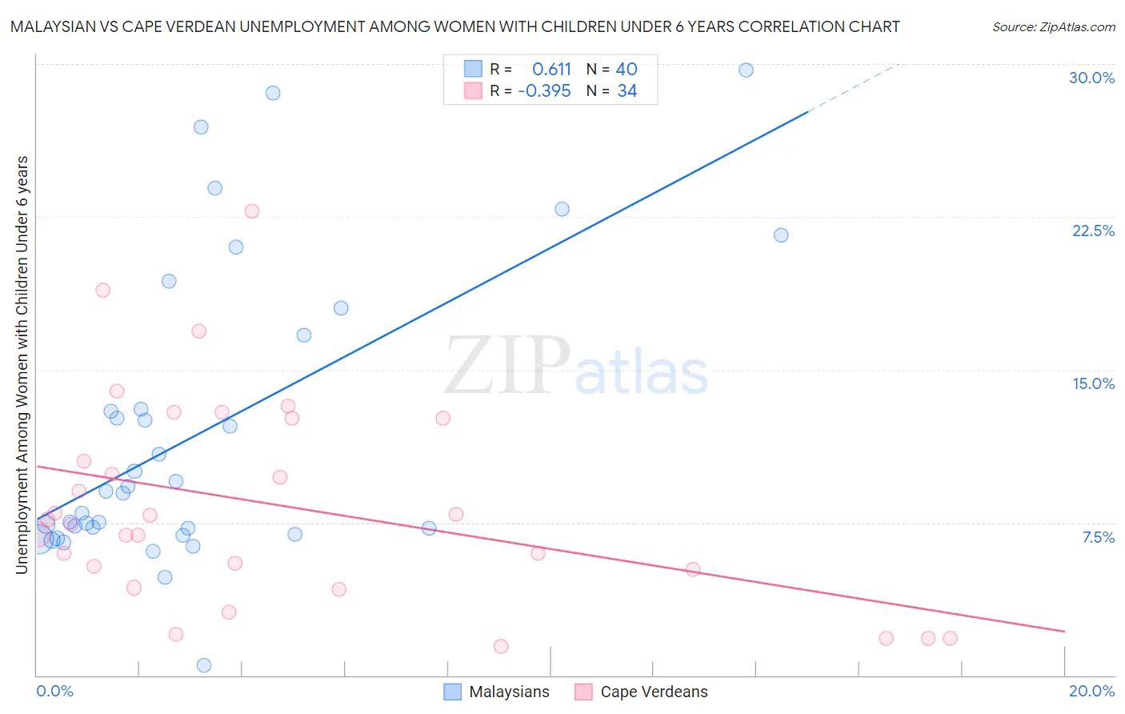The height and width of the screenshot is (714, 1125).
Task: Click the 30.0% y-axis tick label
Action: click(x=1091, y=78)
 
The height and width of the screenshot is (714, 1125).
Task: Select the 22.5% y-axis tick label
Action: click(x=1093, y=231)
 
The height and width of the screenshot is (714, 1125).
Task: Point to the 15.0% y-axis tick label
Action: click(x=1093, y=383)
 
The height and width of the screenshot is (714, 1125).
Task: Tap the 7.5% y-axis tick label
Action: click(x=1098, y=537)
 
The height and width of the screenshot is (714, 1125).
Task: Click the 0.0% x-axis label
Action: click(x=54, y=691)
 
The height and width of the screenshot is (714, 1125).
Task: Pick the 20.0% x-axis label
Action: click(x=1091, y=691)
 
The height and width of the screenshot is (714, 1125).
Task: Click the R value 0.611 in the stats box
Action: click(x=551, y=70)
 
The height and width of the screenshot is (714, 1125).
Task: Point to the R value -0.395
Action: click(x=544, y=91)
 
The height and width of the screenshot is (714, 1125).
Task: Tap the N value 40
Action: click(x=627, y=70)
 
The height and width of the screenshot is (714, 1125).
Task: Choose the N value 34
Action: click(x=627, y=91)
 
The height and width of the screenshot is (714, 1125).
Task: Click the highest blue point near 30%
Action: click(x=746, y=70)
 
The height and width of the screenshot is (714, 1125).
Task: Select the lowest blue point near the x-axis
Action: click(x=204, y=665)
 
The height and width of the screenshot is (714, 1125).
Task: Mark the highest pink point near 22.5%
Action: click(x=252, y=211)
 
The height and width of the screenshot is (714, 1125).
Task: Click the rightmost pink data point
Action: click(x=950, y=638)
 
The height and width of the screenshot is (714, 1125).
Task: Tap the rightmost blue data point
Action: click(x=781, y=235)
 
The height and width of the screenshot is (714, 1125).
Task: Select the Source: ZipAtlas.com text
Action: click(x=1053, y=26)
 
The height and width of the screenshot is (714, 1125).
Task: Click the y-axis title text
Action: click(x=22, y=365)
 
